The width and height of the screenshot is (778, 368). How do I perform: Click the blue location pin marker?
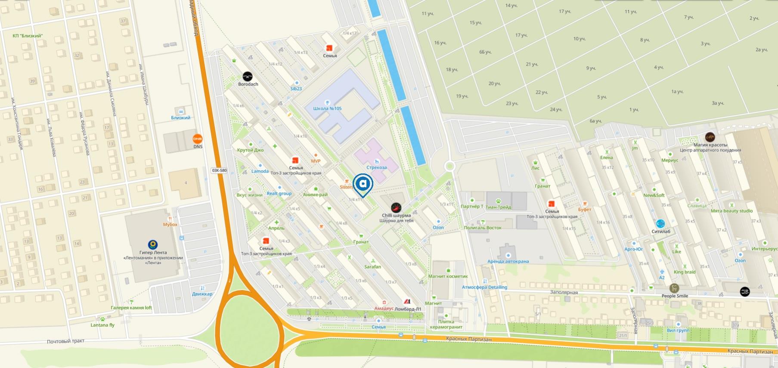click(363, 184)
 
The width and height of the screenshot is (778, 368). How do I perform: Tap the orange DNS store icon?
click(198, 139)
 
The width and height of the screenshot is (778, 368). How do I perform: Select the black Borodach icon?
click(248, 77)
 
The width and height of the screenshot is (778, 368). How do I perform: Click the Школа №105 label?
click(327, 108)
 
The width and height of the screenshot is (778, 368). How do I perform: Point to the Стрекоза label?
click(376, 167)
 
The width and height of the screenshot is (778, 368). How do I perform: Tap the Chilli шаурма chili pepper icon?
click(396, 207)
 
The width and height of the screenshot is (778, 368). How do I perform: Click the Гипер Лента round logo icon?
click(152, 245)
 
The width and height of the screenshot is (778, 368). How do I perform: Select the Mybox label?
click(170, 224)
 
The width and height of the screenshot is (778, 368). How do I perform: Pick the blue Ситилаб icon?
click(660, 223)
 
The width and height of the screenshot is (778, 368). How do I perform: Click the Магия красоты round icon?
click(710, 137)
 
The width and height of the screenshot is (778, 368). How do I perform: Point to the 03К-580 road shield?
click(219, 170)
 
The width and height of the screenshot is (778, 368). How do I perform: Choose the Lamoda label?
click(260, 171)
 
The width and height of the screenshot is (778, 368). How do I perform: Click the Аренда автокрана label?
click(508, 261)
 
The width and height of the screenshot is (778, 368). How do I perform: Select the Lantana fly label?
click(102, 325)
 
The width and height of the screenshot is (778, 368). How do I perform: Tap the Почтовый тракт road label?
click(65, 341)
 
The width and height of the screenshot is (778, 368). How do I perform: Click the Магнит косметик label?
click(448, 276)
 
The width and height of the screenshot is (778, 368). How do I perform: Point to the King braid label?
click(685, 272)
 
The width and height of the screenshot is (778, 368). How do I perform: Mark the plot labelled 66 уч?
click(485, 52)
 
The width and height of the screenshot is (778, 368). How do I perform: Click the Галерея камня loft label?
click(131, 308)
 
